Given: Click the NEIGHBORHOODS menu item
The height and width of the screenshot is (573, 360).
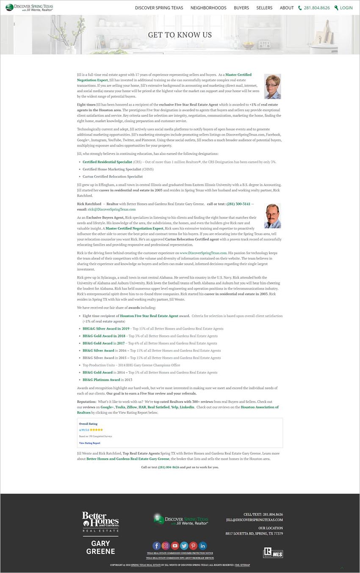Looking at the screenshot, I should [208, 8].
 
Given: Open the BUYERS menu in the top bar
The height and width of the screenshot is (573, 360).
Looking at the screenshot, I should [241, 8].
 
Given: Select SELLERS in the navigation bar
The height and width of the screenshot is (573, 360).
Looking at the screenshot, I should [264, 8].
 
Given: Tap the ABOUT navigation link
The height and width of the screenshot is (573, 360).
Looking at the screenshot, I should [287, 8].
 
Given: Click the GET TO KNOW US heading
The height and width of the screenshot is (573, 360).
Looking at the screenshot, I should [180, 35].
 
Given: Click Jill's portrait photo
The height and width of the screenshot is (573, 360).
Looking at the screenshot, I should [272, 86].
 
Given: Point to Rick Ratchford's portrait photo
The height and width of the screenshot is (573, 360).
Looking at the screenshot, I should [272, 216].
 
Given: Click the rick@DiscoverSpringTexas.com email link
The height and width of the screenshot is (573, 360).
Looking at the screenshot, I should [112, 209].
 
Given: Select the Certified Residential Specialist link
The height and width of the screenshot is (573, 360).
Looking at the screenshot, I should [107, 162].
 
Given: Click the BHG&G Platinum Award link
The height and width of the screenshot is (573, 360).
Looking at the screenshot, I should [101, 380].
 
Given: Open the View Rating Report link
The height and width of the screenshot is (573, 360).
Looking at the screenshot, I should [90, 443].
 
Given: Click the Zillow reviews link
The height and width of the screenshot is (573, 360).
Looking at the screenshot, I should [132, 407].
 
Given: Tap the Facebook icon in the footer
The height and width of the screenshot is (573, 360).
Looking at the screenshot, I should [156, 546].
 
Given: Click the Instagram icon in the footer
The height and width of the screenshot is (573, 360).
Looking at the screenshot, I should [166, 546].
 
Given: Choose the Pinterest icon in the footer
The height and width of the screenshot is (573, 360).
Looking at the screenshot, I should [193, 546].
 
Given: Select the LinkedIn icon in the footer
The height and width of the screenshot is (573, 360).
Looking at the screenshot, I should [202, 546].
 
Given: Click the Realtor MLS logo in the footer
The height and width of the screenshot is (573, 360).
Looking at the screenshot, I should [273, 552].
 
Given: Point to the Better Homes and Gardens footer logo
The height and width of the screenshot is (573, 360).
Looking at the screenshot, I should [100, 522].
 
